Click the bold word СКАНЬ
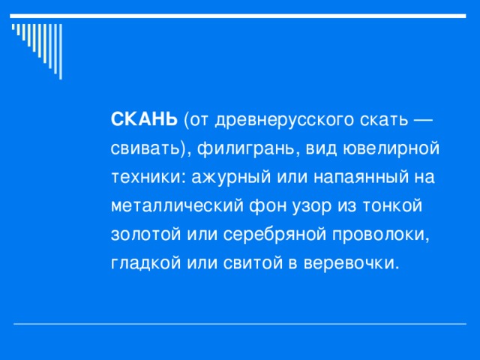(x=144, y=119)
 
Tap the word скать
(x=388, y=119)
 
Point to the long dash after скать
(x=423, y=119)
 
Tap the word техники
(x=147, y=177)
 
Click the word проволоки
(x=381, y=234)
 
